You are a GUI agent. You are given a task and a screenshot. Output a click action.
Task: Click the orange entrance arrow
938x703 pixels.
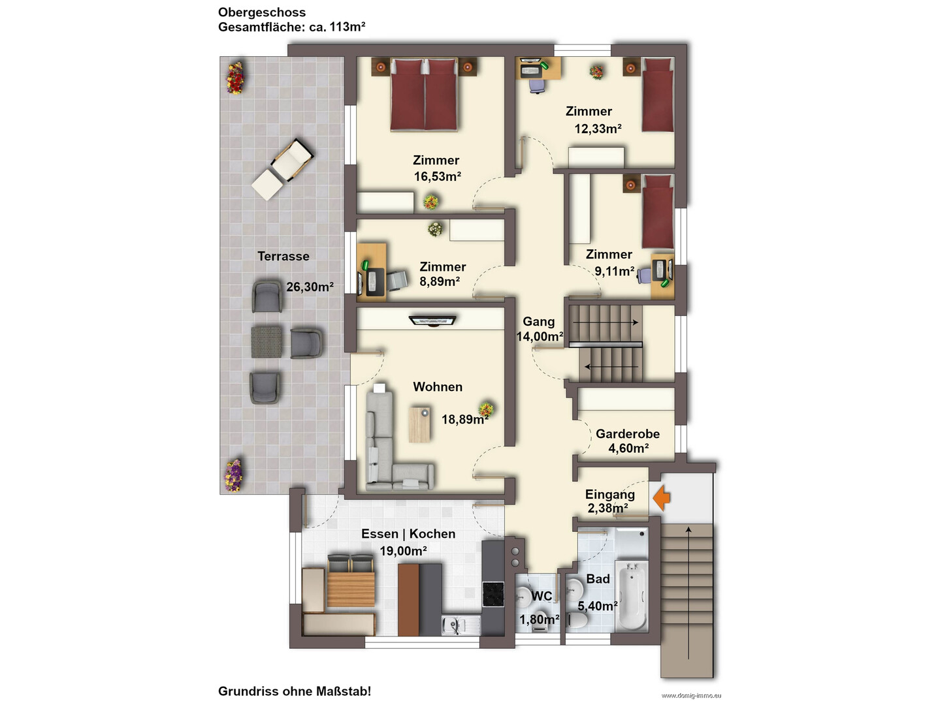pos(662,497)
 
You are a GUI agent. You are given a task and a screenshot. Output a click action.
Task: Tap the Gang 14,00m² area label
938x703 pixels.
pos(540,329)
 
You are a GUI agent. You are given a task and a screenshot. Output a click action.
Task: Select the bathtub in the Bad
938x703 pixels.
pos(631,595)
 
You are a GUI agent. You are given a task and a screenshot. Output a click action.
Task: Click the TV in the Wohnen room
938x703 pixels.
pos(432,320)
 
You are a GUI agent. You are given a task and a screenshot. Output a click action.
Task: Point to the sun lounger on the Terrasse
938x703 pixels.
pos(283,169)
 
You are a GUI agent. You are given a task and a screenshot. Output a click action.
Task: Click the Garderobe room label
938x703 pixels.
pos(628,433)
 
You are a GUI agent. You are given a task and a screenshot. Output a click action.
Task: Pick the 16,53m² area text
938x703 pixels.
pos(438,176)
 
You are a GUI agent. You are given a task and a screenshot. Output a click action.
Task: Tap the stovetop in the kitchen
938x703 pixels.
pos(493,594)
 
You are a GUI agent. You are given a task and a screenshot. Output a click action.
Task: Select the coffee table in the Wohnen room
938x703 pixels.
pos(419,424)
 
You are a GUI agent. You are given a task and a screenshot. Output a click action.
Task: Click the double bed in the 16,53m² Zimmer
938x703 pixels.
pos(425,94)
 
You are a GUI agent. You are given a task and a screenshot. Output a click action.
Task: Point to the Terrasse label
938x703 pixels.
pos(283,256)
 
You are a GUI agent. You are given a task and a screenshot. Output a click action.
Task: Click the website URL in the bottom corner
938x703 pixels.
pos(691,696)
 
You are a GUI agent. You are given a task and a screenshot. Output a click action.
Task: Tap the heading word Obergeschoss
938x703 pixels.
pos(262,12)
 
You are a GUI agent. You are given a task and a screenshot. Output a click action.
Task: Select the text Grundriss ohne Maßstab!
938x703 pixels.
pos(295,691)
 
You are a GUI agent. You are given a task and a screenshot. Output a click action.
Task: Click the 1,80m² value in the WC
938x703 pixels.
pos(540,619)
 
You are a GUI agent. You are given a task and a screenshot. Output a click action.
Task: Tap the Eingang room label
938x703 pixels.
pos(610,494)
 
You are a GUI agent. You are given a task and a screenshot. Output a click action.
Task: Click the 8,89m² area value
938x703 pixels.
pos(440,282)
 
